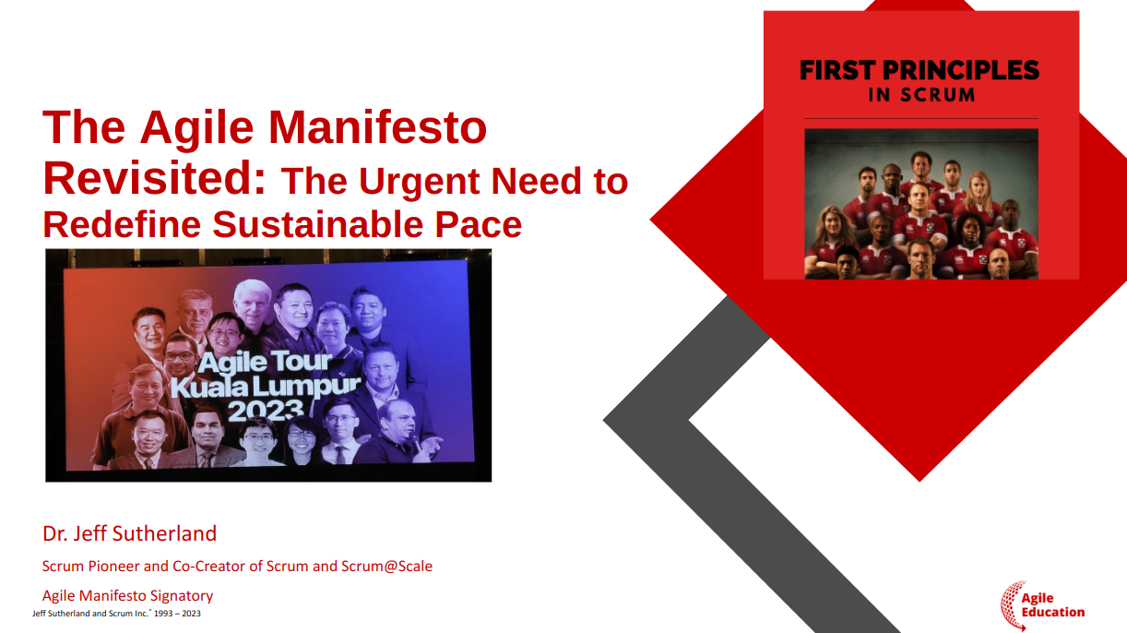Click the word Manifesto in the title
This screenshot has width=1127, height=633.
pos(377,127)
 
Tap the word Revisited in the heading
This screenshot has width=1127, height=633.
pos(154,178)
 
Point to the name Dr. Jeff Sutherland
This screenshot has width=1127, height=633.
pos(129,533)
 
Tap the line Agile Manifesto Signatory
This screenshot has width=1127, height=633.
pos(128,596)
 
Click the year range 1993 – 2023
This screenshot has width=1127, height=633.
pos(177,614)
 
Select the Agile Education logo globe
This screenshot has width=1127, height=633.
pos(1013,605)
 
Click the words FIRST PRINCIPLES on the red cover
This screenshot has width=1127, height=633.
pos(919,70)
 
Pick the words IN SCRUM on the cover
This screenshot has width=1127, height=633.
pos(921,95)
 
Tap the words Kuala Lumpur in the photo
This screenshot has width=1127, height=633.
pos(266,387)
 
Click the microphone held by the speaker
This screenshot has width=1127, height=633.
pos(417,441)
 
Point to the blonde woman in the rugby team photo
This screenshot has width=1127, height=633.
pos(979,194)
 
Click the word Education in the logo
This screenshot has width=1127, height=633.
pos(1053,613)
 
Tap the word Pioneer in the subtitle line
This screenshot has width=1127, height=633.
pos(113,567)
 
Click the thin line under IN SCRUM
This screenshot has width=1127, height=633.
pos(921,119)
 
